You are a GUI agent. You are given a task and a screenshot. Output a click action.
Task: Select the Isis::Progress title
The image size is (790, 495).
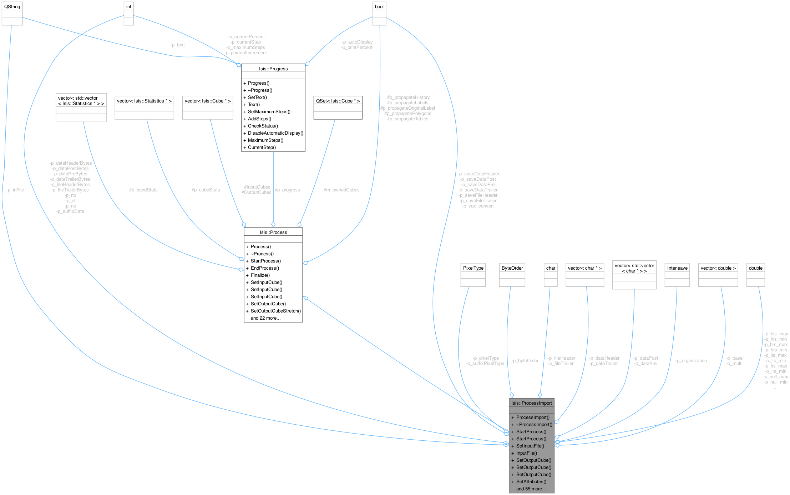pyautogui.click(x=273, y=69)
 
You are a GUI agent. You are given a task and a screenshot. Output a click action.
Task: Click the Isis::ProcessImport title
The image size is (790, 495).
pyautogui.click(x=531, y=403)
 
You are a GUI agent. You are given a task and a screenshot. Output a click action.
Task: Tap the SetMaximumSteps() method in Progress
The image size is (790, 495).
pyautogui.click(x=269, y=111)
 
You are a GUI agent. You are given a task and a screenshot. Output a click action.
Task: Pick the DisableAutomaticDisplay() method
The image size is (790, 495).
pyautogui.click(x=275, y=133)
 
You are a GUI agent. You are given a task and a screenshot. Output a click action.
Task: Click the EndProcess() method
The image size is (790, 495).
pyautogui.click(x=265, y=268)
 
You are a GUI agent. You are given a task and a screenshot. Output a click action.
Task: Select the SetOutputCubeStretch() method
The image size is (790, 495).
pyautogui.click(x=275, y=311)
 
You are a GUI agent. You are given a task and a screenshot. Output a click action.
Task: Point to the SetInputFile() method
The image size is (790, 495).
pyautogui.click(x=530, y=446)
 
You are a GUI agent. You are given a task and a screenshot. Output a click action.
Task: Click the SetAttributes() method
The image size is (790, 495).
pyautogui.click(x=531, y=481)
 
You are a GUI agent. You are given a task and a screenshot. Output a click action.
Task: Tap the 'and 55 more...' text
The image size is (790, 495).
pyautogui.click(x=531, y=489)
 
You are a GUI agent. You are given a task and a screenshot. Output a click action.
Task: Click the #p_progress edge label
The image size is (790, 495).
pyautogui.click(x=287, y=190)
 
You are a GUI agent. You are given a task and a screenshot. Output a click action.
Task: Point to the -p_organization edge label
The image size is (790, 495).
pyautogui.click(x=691, y=361)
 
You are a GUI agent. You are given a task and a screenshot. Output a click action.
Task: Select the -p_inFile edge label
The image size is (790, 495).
pyautogui.click(x=15, y=190)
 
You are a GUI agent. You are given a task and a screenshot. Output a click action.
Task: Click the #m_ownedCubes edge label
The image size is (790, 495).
pyautogui.click(x=341, y=190)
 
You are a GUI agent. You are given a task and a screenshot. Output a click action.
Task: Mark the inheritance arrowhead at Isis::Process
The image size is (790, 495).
pyautogui.click(x=305, y=298)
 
